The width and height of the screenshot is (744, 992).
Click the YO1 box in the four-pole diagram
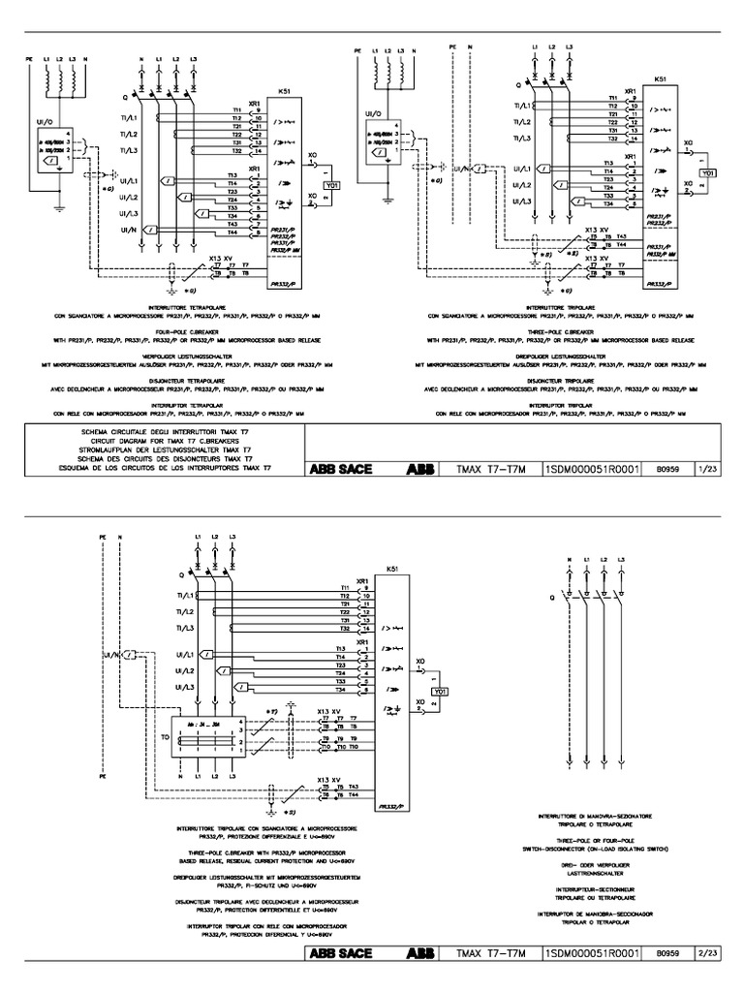pyautogui.click(x=332, y=184)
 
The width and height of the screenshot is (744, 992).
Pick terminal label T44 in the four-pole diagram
pyautogui.click(x=233, y=232)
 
